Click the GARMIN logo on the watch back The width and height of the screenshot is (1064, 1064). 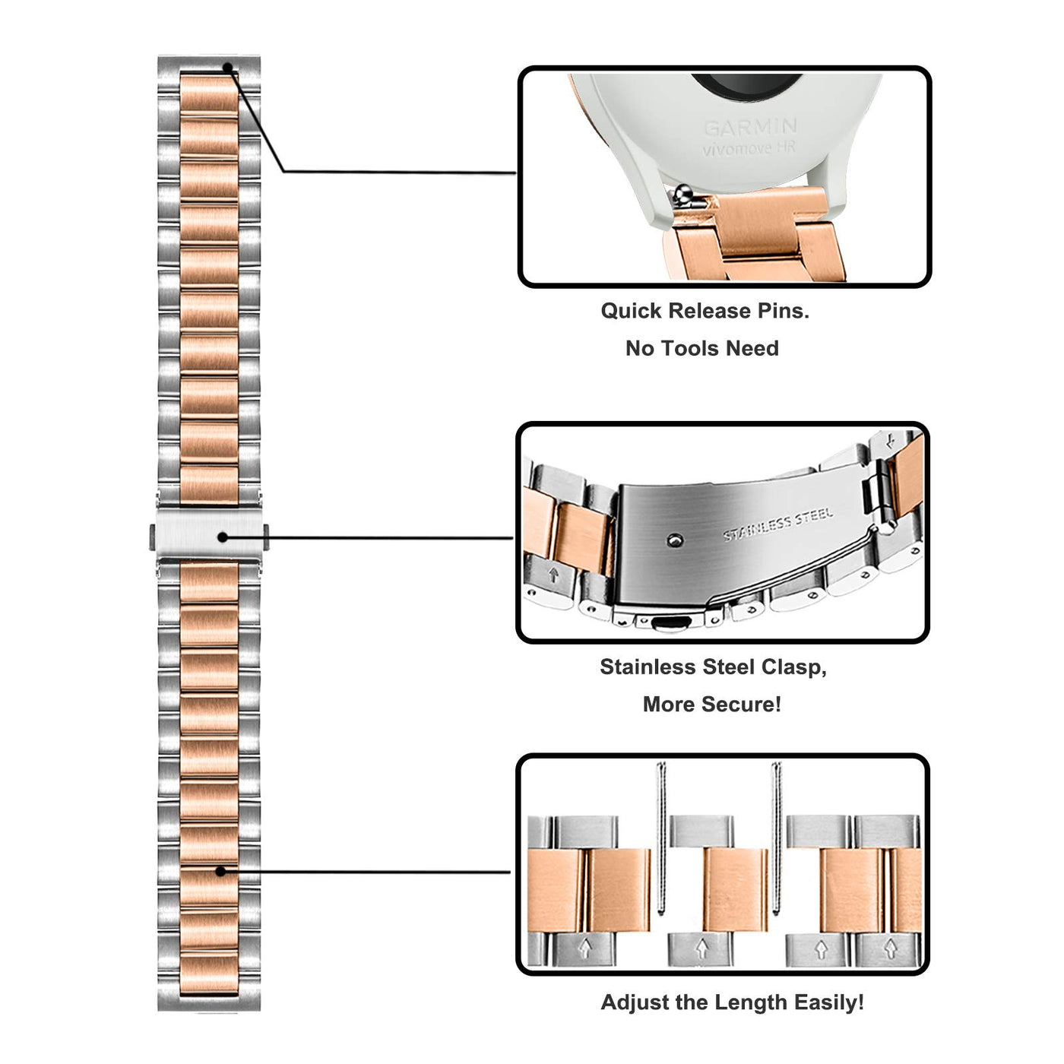click(x=750, y=127)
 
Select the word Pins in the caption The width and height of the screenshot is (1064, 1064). click(x=783, y=311)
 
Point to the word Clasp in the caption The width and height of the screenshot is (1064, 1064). click(x=794, y=667)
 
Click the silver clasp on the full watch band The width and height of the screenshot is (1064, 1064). click(x=209, y=537)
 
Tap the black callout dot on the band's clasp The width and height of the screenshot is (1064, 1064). click(x=223, y=537)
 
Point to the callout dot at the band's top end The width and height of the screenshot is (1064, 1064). click(x=227, y=68)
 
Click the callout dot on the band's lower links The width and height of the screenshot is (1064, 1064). click(x=221, y=871)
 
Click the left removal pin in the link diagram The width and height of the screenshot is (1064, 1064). click(x=661, y=836)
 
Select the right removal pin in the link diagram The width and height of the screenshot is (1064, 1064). click(x=776, y=836)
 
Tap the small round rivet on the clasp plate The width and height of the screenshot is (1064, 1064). click(x=671, y=541)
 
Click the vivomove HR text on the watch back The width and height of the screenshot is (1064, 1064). click(x=749, y=149)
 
